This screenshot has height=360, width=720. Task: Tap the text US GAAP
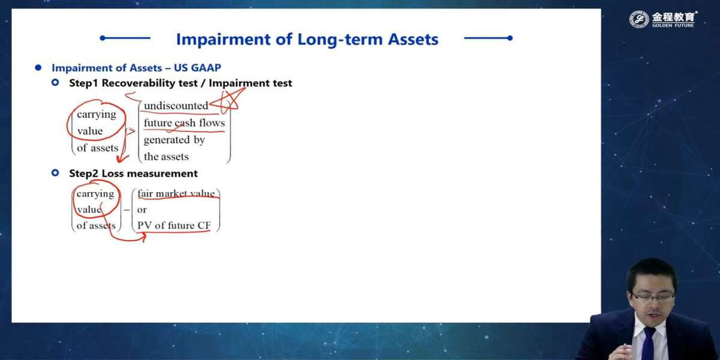tap(197, 68)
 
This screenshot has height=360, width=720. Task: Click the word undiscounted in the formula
tap(176, 106)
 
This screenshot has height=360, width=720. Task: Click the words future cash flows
tap(184, 123)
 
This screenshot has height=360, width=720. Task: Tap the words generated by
tap(174, 140)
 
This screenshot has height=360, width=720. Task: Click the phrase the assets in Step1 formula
tap(166, 157)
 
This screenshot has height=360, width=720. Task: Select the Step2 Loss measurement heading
tap(133, 173)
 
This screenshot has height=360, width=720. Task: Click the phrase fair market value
tap(176, 193)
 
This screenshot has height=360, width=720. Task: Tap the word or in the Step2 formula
tap(142, 210)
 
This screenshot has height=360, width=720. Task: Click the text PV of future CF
tap(174, 226)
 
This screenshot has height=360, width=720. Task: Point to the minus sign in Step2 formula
tap(127, 210)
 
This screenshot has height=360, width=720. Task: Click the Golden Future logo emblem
tap(639, 19)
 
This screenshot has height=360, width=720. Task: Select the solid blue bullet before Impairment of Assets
tap(38, 68)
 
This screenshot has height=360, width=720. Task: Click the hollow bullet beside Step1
tap(55, 83)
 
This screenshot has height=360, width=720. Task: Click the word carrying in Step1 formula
tap(97, 115)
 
